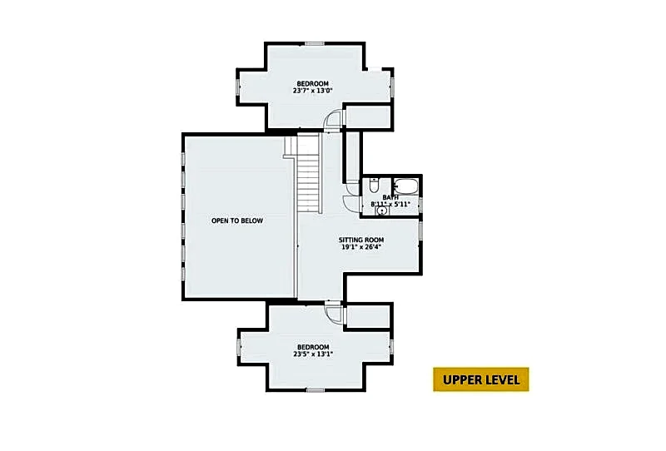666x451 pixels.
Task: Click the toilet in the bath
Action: coord(373,186)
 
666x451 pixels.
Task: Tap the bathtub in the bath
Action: coord(406,186)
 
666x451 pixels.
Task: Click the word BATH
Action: coord(390,197)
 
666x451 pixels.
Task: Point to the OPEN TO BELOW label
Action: coord(237,221)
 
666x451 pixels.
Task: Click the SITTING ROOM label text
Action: coord(361,240)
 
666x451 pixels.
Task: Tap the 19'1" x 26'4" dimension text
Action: coord(360,247)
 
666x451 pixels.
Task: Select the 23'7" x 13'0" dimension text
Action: coord(313,91)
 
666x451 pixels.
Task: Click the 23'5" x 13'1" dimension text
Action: coord(313,354)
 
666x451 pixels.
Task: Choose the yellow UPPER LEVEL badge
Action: coord(481,379)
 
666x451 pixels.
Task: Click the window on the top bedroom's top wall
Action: coord(315,44)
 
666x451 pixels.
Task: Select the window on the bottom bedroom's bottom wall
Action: coord(316,390)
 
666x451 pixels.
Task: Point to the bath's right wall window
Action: coord(420,204)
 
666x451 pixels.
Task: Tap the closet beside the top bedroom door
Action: coord(368,116)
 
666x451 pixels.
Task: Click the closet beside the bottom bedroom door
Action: coord(368,316)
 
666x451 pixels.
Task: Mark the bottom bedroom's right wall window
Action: coord(391,346)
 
